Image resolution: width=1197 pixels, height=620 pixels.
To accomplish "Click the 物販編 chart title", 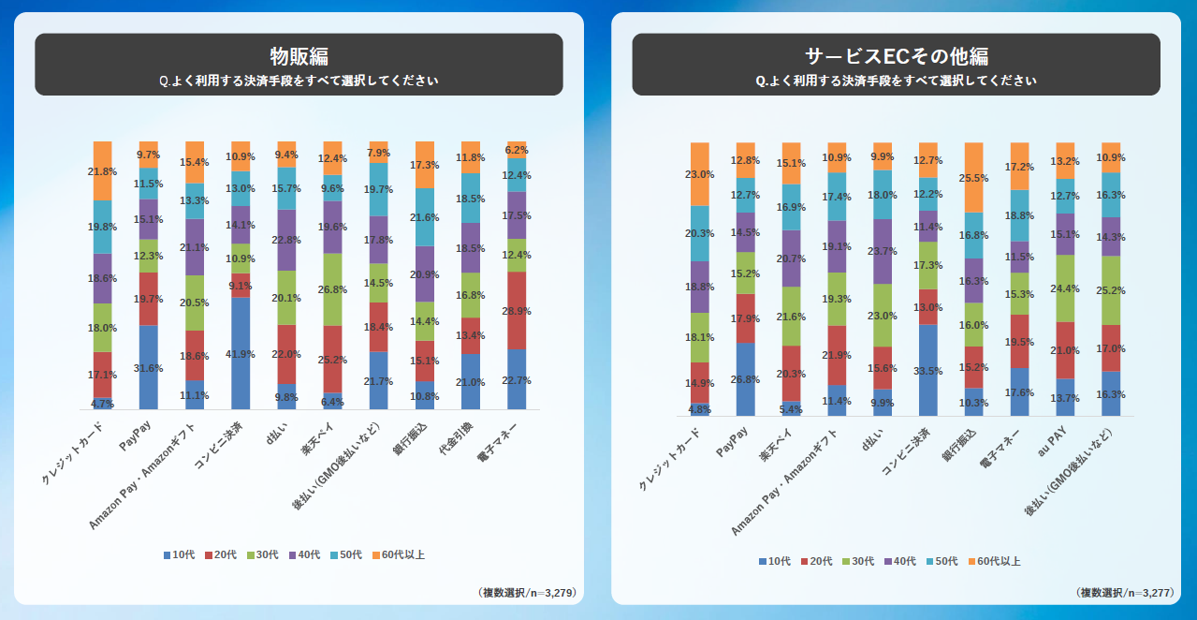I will pos(299,55).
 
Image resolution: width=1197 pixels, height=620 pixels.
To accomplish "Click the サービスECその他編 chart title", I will pos(896,55).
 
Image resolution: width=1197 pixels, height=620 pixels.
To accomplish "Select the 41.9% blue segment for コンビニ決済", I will pos(241,353).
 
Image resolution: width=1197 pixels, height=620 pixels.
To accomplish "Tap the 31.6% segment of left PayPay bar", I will pos(148,367).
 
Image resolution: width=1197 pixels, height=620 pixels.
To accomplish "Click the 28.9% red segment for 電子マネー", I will pos(517,310).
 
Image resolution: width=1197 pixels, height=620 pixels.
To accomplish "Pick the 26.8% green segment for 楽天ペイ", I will pos(332,289).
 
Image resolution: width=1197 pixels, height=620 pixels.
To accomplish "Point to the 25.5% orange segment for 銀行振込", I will pos(972,177).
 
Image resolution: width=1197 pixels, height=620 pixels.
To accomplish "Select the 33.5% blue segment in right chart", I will pos(928,370).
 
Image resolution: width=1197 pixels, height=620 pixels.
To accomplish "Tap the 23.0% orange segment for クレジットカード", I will pos(700,173).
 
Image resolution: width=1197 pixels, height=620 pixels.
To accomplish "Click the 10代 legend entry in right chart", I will pos(775,561).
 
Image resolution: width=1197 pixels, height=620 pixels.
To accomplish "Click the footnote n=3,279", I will pos(526,592).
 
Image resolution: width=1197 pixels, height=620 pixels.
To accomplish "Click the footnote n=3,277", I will pos(1123,592).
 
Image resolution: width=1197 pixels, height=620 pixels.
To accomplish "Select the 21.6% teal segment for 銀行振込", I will pos(425,217).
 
